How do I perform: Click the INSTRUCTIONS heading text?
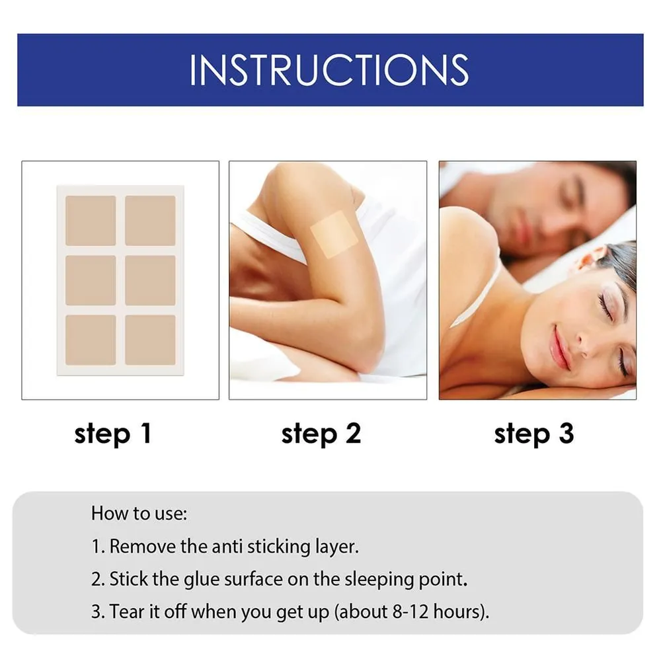[x=329, y=70]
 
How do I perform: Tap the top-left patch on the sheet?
[x=91, y=221]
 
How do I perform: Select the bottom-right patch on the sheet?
[x=151, y=340]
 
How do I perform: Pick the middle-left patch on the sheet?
[x=91, y=280]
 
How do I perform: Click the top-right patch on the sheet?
[x=151, y=221]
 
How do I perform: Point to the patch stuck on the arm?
[x=334, y=235]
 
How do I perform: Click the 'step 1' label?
[x=112, y=434]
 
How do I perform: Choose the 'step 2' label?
[x=321, y=434]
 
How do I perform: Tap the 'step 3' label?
[x=534, y=434]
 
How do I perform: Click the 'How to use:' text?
[x=139, y=514]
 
